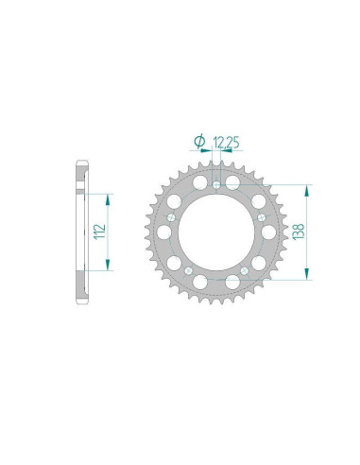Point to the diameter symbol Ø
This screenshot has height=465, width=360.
click(x=199, y=142)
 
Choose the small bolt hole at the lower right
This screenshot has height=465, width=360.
click(x=245, y=271)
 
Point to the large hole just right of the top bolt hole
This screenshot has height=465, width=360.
click(x=233, y=182)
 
